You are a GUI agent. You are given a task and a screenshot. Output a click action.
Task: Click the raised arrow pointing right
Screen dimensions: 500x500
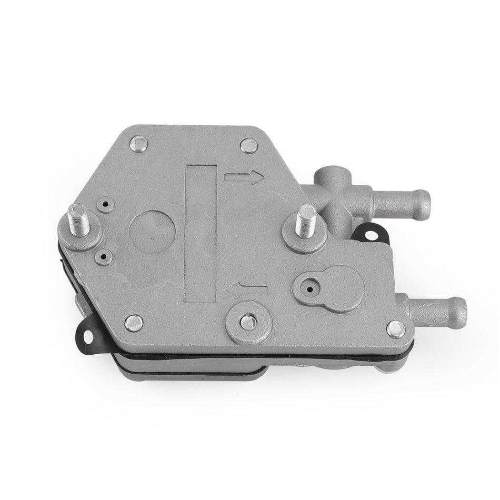pos(244,177)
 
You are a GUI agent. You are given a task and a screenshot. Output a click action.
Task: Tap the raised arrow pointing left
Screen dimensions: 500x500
pos(247,288)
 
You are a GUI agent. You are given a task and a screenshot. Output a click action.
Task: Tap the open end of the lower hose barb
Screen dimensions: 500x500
pos(462,306)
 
